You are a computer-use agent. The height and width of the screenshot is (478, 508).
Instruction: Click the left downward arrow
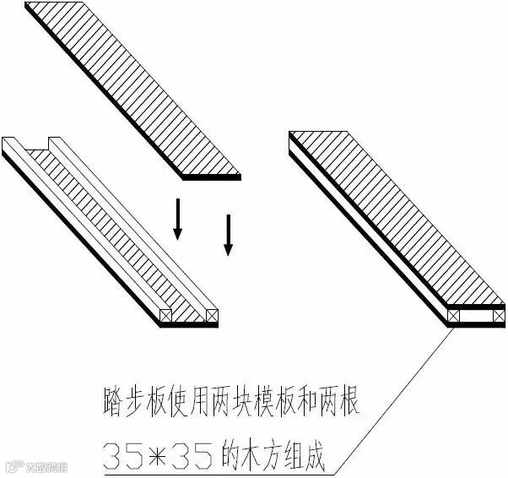tap(177, 219)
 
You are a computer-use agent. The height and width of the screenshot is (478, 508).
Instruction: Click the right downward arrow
tap(227, 234)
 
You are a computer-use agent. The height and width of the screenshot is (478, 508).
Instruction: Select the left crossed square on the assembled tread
tap(456, 316)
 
